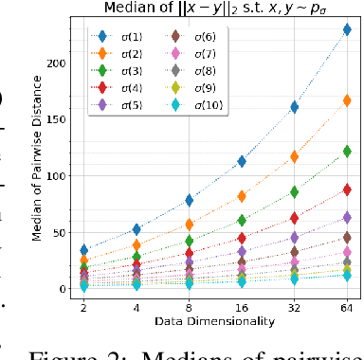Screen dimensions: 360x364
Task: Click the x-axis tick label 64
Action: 347,308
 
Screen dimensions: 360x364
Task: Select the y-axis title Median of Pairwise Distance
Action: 36,163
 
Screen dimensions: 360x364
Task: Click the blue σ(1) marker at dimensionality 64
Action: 347,29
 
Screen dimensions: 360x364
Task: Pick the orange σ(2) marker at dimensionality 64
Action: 347,100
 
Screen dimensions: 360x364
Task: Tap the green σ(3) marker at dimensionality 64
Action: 347,151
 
